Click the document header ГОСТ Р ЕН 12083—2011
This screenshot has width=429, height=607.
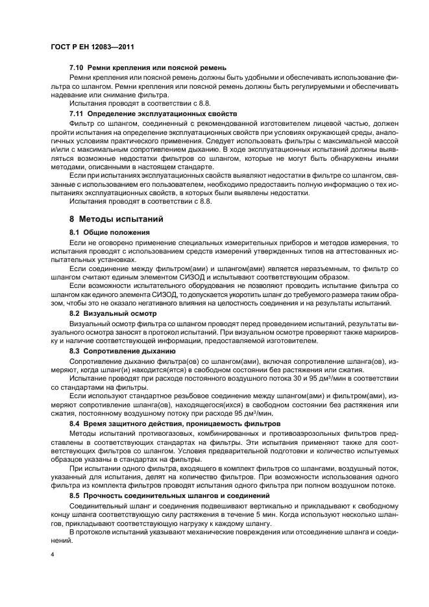93,47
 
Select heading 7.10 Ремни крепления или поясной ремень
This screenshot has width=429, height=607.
147,67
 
